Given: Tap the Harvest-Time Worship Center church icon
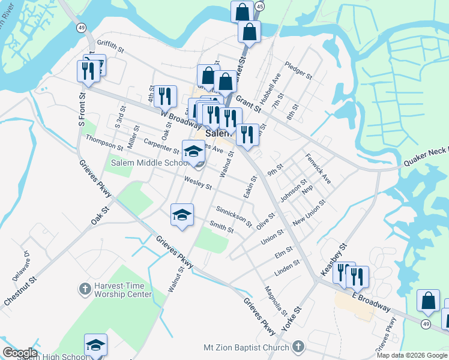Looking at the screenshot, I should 85,289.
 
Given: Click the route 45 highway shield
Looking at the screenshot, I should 259,5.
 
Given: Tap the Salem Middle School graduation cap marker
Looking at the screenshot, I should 193,151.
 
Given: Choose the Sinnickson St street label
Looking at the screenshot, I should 234,215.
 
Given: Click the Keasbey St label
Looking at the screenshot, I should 334,259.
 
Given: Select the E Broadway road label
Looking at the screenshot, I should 371,302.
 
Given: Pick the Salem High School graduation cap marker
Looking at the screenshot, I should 95,344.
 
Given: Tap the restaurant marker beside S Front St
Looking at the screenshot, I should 88,71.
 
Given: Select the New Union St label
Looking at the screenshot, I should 309,212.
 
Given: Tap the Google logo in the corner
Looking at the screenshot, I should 20,353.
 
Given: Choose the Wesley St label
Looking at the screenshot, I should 197,183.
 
